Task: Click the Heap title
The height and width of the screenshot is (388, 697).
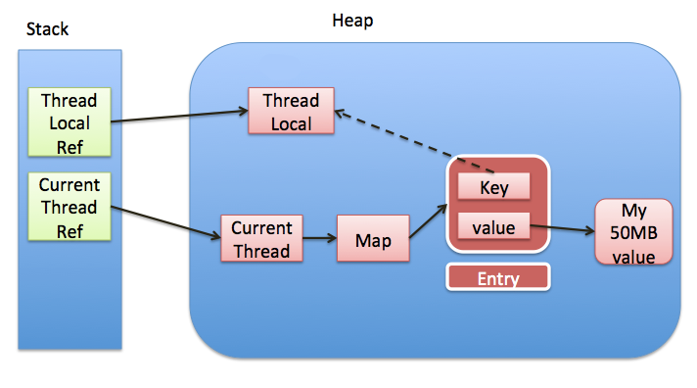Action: point(352,20)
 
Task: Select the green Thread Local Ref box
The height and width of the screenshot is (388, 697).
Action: point(70,123)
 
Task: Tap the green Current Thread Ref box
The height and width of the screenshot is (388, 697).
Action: point(70,207)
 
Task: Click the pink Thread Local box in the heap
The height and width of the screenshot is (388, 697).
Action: point(291,112)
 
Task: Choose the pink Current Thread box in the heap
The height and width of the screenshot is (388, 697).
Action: point(261,238)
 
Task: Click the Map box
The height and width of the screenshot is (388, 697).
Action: point(371,238)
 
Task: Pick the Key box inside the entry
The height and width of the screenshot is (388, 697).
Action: point(493,186)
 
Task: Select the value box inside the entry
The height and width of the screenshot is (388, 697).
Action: point(493,227)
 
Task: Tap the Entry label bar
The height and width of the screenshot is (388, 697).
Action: point(497,277)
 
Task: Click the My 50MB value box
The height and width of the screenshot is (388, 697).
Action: point(633,231)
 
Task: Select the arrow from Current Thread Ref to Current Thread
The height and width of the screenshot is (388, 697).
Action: point(166,222)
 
